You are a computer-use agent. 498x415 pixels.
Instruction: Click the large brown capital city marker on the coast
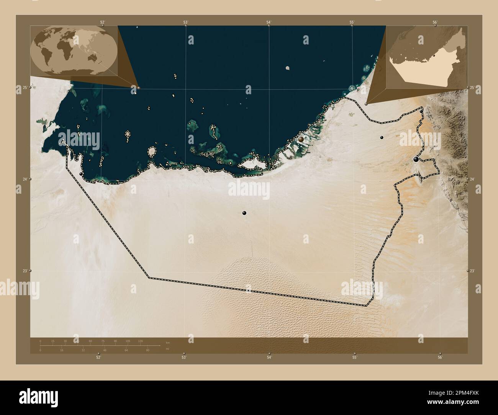click(301, 139)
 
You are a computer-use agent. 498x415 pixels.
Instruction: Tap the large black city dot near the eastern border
click(416, 159)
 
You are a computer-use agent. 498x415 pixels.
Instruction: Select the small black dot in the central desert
click(244, 213)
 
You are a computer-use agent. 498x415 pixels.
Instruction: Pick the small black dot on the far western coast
click(81, 174)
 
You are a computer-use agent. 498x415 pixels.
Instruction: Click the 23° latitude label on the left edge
click(25, 271)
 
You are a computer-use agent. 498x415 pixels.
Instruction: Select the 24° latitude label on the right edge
click(472, 179)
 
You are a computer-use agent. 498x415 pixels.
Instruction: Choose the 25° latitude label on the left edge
click(25, 88)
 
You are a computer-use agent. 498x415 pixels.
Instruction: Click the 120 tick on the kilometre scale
click(140, 341)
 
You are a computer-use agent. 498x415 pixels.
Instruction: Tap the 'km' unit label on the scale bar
click(167, 343)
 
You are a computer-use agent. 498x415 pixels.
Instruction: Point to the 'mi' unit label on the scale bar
click(167, 349)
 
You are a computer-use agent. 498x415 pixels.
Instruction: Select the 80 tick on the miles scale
click(147, 350)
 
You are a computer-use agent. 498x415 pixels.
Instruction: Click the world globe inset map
click(74, 50)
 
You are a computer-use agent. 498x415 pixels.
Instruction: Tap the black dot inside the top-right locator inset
click(434, 56)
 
